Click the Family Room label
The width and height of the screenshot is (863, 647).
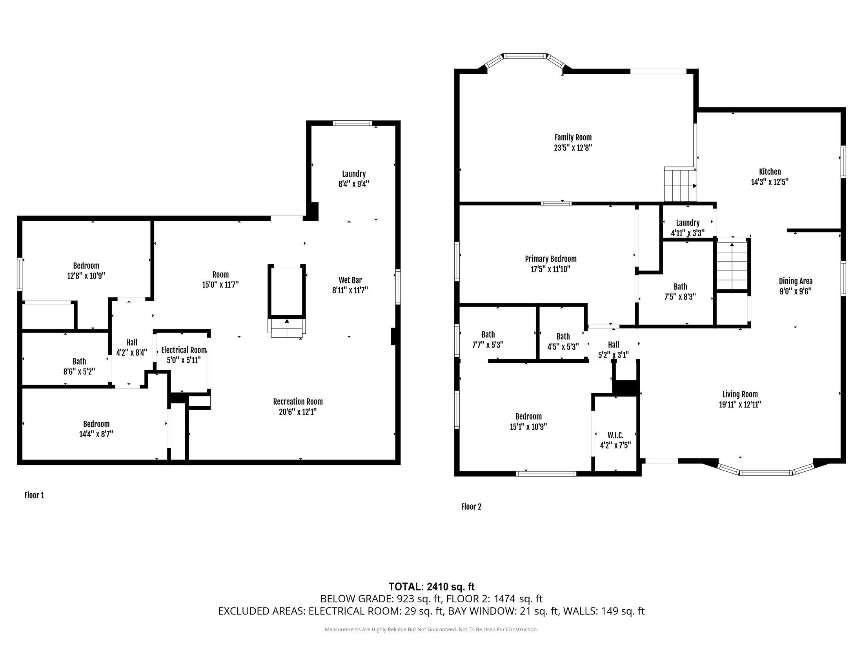pyautogui.click(x=573, y=138)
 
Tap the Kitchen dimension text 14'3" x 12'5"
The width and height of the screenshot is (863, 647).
pyautogui.click(x=770, y=182)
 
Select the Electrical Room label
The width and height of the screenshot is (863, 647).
pyautogui.click(x=184, y=350)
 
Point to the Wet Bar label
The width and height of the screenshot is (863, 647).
pyautogui.click(x=350, y=280)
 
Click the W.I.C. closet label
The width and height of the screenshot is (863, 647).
pyautogui.click(x=615, y=435)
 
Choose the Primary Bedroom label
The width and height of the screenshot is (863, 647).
pyautogui.click(x=551, y=259)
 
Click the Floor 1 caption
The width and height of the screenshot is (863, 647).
pyautogui.click(x=34, y=495)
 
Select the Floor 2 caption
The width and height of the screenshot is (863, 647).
pyautogui.click(x=471, y=507)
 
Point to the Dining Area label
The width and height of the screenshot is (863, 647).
pyautogui.click(x=796, y=281)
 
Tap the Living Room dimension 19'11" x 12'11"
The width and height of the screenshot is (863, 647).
pyautogui.click(x=740, y=405)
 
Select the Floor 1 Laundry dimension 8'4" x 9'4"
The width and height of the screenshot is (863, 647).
pyautogui.click(x=354, y=184)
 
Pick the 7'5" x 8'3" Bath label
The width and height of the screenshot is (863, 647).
pyautogui.click(x=680, y=287)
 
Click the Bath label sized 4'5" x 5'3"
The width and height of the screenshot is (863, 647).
pyautogui.click(x=563, y=336)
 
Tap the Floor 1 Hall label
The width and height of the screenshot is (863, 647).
pyautogui.click(x=132, y=342)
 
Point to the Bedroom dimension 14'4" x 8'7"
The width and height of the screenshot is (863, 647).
pyautogui.click(x=96, y=434)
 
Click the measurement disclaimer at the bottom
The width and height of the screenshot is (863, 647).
pyautogui.click(x=431, y=629)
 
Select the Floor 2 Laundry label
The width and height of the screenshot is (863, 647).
pyautogui.click(x=688, y=223)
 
